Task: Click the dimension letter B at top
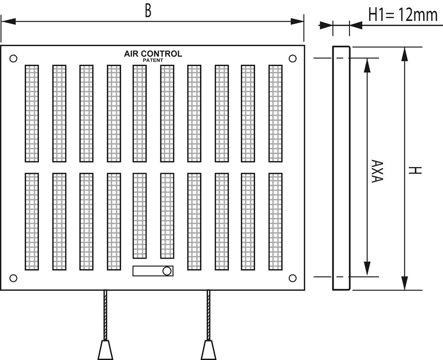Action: tap(148, 11)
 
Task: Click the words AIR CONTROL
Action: tap(153, 54)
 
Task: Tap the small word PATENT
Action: tap(153, 60)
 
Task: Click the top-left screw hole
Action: tap(13, 58)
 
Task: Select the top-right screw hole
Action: tap(292, 58)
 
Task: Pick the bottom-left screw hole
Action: tap(13, 278)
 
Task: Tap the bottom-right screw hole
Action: tap(292, 278)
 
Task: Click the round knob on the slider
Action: tap(167, 271)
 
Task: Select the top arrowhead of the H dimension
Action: tap(404, 54)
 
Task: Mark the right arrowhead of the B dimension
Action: tap(296, 21)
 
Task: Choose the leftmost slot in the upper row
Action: tap(32, 113)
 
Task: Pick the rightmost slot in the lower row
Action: tap(275, 221)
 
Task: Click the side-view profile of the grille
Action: tap(341, 168)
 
